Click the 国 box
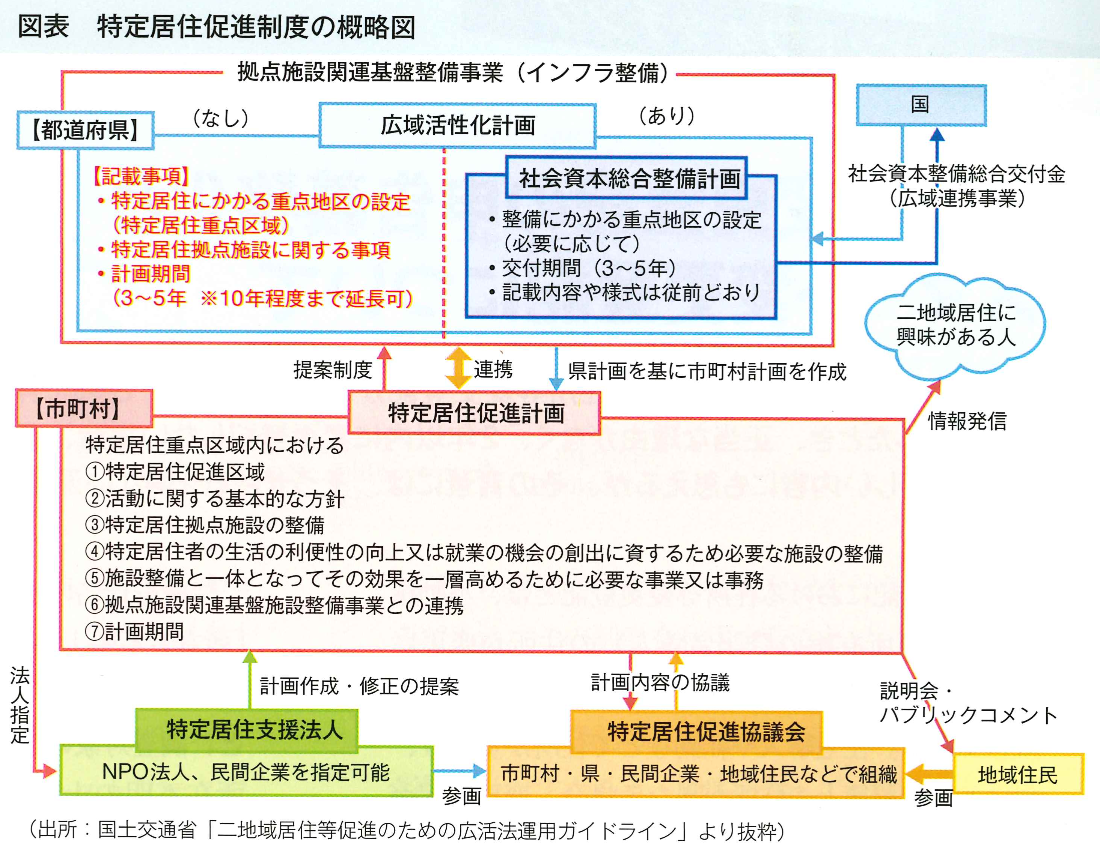[x=921, y=105]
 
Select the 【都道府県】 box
[x=85, y=130]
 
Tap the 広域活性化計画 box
[x=457, y=125]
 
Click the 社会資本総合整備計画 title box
[x=627, y=178]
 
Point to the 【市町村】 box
[x=84, y=408]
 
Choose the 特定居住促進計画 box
[x=475, y=413]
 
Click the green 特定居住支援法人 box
[x=247, y=730]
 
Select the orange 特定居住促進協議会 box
[x=696, y=732]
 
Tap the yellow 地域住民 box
[x=1017, y=774]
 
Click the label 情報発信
[x=967, y=421]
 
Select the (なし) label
[x=221, y=118]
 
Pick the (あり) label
[x=667, y=116]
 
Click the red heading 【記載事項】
[x=141, y=176]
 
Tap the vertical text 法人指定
[x=20, y=705]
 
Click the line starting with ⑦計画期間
[x=134, y=631]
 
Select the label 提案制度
[x=333, y=370]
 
